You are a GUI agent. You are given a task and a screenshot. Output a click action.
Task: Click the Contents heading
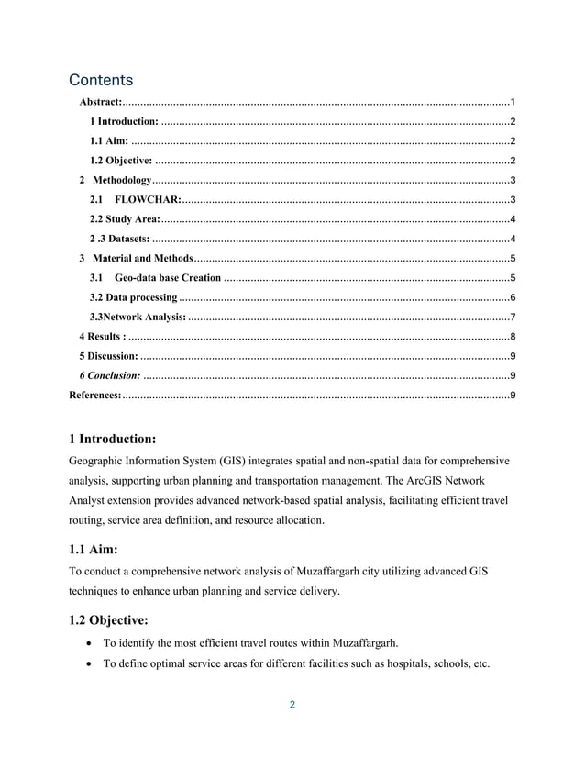101,80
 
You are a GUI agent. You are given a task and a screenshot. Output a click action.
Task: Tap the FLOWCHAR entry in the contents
147,199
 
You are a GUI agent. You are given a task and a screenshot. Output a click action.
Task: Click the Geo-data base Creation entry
167,278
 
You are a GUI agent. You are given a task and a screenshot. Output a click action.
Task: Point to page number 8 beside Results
512,337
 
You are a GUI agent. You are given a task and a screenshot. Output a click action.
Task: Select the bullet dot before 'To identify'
86,643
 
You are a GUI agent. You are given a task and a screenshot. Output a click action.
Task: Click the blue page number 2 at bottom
292,706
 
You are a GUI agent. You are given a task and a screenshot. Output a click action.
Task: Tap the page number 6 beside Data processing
512,297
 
